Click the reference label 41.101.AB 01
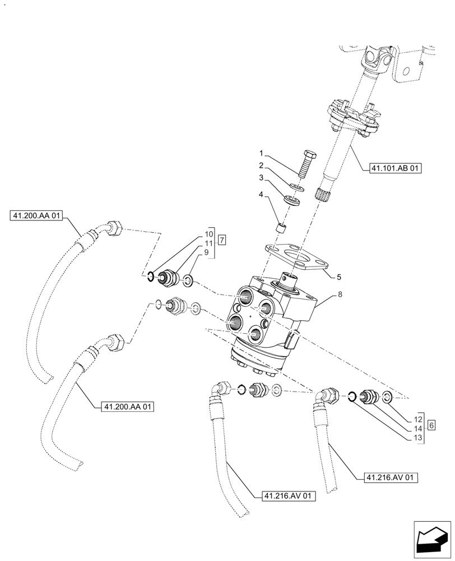(x=395, y=167)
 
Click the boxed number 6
(x=431, y=425)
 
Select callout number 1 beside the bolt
(x=261, y=153)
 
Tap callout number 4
(x=261, y=195)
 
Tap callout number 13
(x=417, y=438)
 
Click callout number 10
(x=208, y=233)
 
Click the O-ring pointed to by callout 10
(x=151, y=275)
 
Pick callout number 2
(x=261, y=165)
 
